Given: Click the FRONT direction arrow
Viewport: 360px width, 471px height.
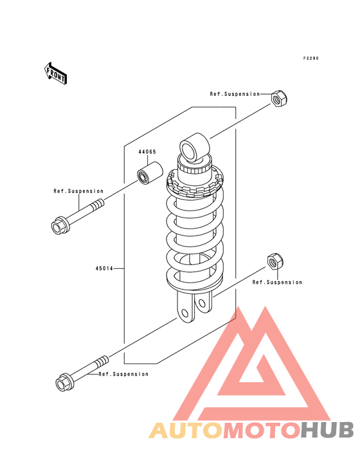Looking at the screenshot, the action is pyautogui.click(x=55, y=73).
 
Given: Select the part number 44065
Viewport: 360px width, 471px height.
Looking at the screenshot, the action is pyautogui.click(x=147, y=152).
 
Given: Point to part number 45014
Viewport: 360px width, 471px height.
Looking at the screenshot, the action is pyautogui.click(x=104, y=268).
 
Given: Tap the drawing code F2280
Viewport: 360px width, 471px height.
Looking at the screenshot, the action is pyautogui.click(x=310, y=59).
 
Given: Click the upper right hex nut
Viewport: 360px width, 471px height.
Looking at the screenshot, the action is pyautogui.click(x=279, y=98).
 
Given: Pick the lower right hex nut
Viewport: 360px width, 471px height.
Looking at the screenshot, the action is pyautogui.click(x=275, y=261).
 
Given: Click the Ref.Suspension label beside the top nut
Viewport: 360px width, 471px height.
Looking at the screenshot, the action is pyautogui.click(x=235, y=94).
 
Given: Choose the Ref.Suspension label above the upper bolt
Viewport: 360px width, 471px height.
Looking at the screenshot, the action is pyautogui.click(x=78, y=191).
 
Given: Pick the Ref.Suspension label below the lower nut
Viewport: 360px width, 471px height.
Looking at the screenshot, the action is pyautogui.click(x=277, y=282).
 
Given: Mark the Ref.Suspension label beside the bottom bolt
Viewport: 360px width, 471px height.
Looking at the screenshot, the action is pyautogui.click(x=123, y=374).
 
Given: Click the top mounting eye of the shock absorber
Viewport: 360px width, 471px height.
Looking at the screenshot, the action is pyautogui.click(x=194, y=147).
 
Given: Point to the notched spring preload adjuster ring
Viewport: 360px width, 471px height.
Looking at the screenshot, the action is pyautogui.click(x=194, y=183).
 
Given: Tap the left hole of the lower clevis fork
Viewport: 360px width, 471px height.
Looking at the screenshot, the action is pyautogui.click(x=185, y=313).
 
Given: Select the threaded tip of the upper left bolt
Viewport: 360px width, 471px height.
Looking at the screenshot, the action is pyautogui.click(x=98, y=205).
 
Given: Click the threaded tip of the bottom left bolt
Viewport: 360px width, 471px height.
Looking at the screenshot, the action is pyautogui.click(x=102, y=361).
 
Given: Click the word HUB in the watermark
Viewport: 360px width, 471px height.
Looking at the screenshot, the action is pyautogui.click(x=328, y=430).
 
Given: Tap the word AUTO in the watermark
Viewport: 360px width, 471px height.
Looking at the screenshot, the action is pyautogui.click(x=186, y=430).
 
